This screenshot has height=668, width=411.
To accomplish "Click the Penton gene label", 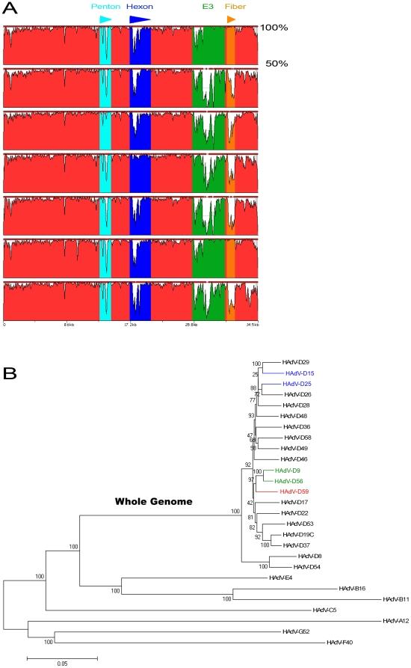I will pyautogui.click(x=105, y=7).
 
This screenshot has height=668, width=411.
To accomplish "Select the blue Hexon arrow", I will pyautogui.click(x=139, y=18).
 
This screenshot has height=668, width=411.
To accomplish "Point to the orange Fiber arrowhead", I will pyautogui.click(x=232, y=18).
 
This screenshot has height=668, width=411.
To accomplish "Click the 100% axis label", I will pyautogui.click(x=274, y=28).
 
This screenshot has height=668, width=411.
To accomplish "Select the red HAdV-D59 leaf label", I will pyautogui.click(x=295, y=491).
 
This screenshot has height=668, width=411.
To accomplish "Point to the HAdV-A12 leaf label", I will pyautogui.click(x=397, y=621).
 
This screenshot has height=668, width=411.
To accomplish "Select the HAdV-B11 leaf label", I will pyautogui.click(x=397, y=599).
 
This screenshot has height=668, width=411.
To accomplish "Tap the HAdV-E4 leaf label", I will pyautogui.click(x=282, y=578).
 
